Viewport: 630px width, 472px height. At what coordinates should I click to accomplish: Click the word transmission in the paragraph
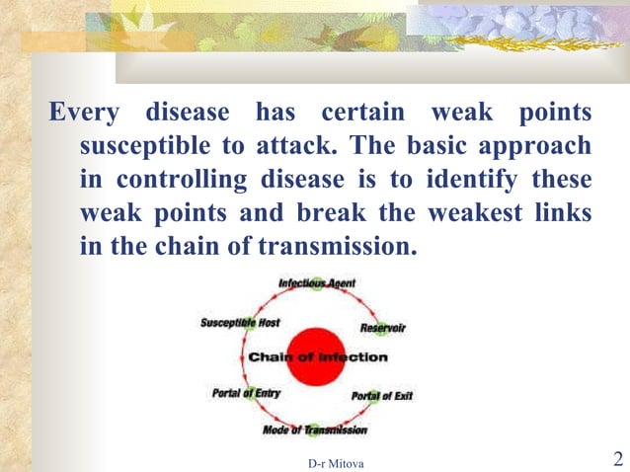point(340,246)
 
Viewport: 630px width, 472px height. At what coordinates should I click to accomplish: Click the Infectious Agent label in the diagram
point(316,283)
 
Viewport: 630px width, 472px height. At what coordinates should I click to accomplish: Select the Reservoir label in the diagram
point(383,327)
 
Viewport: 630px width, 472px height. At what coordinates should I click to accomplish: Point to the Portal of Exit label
point(381,396)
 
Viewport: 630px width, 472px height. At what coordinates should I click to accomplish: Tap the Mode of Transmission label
point(315,431)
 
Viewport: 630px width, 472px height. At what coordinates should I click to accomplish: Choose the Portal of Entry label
point(247,393)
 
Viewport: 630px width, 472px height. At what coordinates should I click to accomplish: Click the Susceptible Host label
point(240,323)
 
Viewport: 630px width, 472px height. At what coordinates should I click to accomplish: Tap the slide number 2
point(617,458)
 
